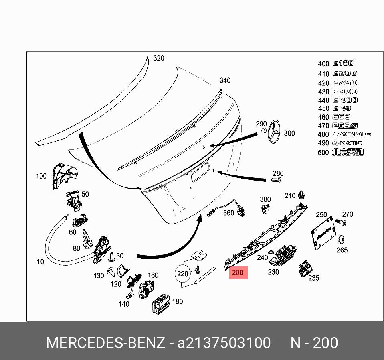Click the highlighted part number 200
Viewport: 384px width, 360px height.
tap(238, 273)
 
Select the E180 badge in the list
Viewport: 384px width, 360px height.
tap(343, 63)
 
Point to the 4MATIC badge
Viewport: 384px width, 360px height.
tap(347, 143)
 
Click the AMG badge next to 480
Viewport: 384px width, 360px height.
tap(352, 134)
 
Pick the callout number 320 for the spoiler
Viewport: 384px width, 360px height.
tap(159, 59)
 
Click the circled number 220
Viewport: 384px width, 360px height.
tap(182, 274)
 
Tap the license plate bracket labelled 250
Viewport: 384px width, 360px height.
tap(323, 233)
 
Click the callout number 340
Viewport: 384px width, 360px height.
tap(225, 81)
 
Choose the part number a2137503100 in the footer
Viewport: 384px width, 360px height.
tap(224, 343)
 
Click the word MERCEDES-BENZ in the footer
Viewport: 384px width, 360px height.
tap(105, 343)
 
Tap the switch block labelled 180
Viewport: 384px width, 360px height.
tap(161, 304)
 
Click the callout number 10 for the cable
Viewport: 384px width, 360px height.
tap(40, 262)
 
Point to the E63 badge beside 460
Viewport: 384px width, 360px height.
tap(342, 117)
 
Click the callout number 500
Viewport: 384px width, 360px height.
tap(323, 153)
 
